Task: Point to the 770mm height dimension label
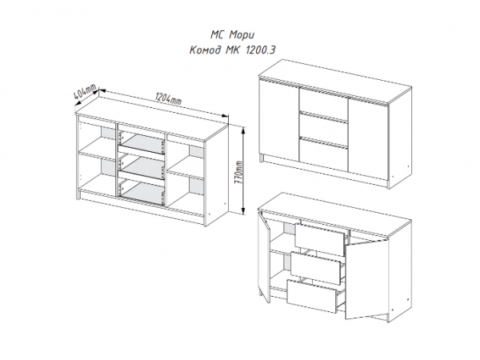pos(238,173)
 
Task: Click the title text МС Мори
pos(232,35)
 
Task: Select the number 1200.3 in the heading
pos(260,50)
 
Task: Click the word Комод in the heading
pos(205,50)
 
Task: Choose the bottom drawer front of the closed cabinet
pos(323,154)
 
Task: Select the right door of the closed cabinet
pos(369,139)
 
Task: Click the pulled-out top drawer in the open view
pos(320,237)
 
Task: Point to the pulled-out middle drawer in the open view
pos(316,266)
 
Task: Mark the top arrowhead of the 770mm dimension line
pos(243,131)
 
